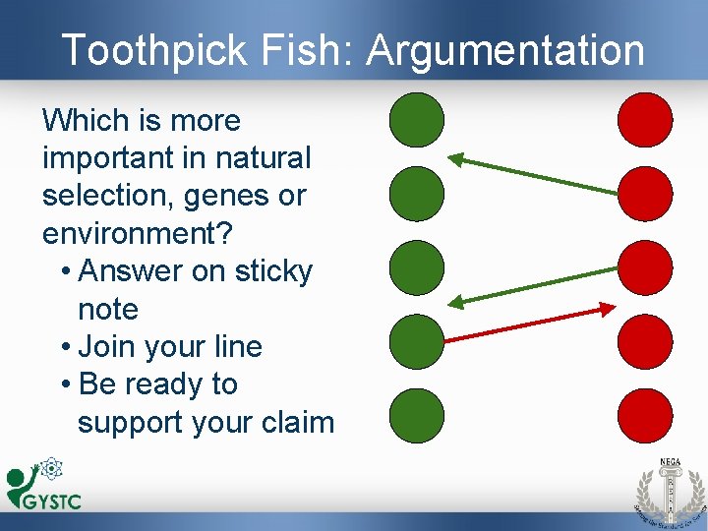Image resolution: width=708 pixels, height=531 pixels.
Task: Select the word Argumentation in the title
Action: coord(506,50)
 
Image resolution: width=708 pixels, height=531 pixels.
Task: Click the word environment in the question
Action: coord(132,233)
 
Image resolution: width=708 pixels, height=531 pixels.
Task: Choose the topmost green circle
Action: coord(417,120)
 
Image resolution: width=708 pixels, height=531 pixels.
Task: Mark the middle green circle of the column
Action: coord(417,267)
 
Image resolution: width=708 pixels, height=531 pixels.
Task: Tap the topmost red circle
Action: coord(645,120)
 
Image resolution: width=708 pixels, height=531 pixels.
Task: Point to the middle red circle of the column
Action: coord(645,267)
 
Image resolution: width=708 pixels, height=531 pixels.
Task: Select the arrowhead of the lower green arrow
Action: coord(456,302)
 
